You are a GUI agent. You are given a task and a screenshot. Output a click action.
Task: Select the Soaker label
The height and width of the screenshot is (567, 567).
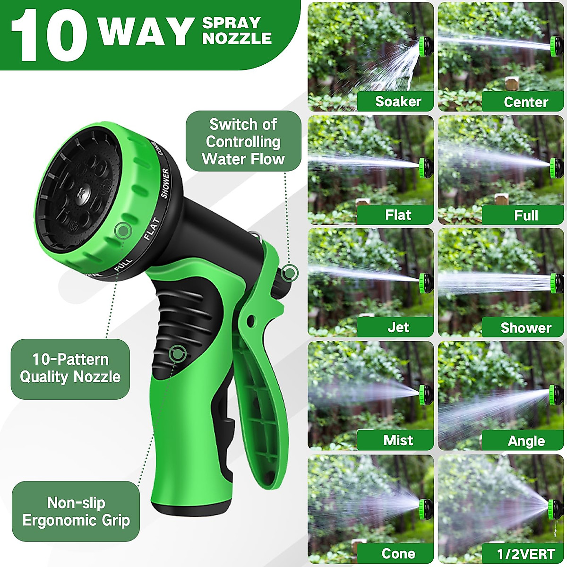pyautogui.click(x=398, y=102)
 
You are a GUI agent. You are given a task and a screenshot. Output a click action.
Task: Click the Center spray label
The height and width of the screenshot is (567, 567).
pyautogui.click(x=525, y=102)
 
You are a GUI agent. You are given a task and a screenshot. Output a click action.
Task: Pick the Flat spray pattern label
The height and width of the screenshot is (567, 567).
pyautogui.click(x=398, y=215)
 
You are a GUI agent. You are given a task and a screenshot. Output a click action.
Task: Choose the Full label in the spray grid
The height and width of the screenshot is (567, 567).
pyautogui.click(x=526, y=215)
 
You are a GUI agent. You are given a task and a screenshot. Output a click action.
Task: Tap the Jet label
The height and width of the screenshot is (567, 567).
pyautogui.click(x=398, y=327)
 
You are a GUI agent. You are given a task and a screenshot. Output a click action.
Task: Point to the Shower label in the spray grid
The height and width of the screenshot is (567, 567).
pyautogui.click(x=525, y=328)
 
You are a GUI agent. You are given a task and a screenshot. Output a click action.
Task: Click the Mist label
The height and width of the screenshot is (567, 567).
pyautogui.click(x=398, y=440)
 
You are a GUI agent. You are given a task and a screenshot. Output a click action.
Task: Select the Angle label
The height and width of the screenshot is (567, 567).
pyautogui.click(x=526, y=441)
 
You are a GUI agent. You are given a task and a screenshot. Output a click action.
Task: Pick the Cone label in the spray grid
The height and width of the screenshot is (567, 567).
pyautogui.click(x=398, y=553)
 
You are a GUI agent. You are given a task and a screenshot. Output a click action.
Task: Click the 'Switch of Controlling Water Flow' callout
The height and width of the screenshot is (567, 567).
pyautogui.click(x=243, y=141)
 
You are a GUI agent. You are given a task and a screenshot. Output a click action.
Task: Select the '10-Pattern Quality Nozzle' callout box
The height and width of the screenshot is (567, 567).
pyautogui.click(x=70, y=368)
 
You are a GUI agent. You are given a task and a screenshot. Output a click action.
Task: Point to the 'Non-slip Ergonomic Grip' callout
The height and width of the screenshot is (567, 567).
pyautogui.click(x=76, y=511)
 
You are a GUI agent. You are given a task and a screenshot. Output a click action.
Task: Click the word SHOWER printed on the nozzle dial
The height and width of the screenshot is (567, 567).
pyautogui.click(x=165, y=183)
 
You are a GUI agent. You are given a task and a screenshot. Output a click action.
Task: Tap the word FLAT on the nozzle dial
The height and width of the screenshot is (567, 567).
pyautogui.click(x=152, y=228)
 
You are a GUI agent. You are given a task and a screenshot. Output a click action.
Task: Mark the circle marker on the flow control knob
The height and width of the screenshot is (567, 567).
pyautogui.click(x=289, y=272)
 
